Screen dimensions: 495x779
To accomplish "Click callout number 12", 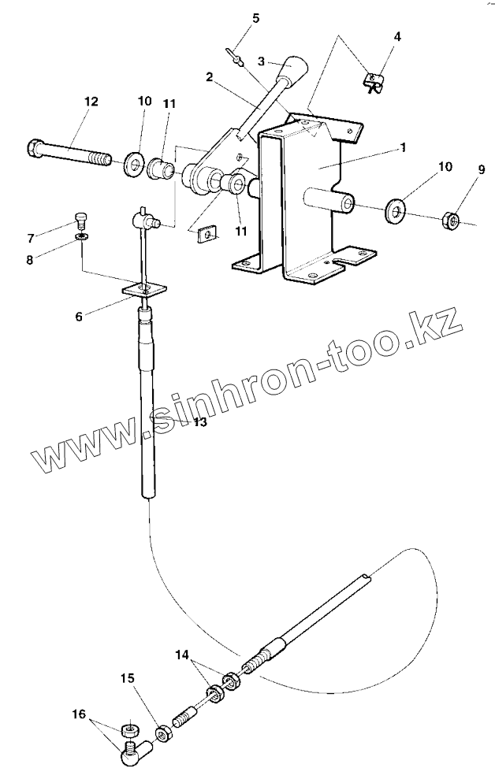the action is coord(91,102).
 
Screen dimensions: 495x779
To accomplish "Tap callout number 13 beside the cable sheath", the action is coord(199,423).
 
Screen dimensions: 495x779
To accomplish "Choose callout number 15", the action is coord(128,678).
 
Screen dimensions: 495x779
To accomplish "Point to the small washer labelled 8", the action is coord(81,236).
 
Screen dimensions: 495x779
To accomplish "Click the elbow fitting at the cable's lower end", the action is coord(133,756).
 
